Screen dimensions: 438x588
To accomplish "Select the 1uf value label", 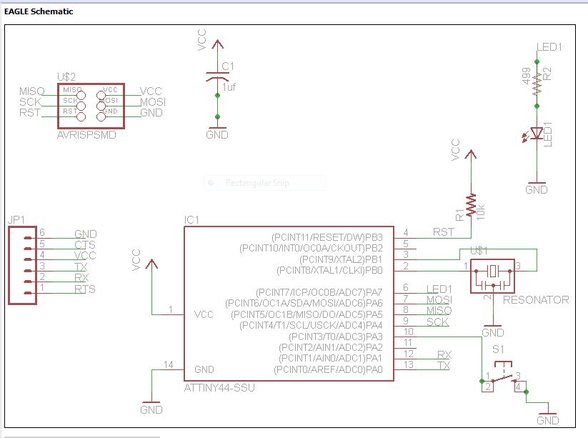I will point(229,87).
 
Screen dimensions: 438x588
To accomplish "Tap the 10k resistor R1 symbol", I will point(471,204).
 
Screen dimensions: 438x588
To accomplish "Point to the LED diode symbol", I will point(537,134).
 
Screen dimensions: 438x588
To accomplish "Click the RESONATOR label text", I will point(536,300).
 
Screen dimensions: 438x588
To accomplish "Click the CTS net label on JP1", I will point(85,245).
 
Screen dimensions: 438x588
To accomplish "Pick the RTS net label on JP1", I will point(85,289).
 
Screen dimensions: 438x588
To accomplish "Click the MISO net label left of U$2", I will point(32,91).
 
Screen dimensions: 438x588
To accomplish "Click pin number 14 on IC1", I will point(169,365).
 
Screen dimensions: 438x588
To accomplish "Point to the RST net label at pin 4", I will point(443,232).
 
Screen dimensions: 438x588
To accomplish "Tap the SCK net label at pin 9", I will point(438,322).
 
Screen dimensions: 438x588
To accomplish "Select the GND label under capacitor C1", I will point(217,134).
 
